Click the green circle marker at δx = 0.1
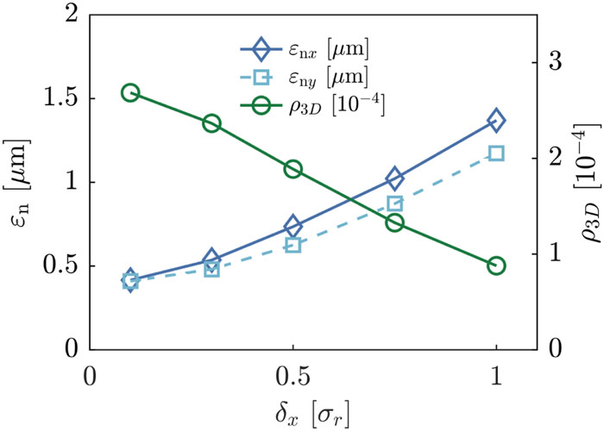coord(130,93)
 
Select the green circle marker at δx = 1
coord(496,265)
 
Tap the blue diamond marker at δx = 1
coord(496,120)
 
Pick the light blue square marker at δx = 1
coord(496,153)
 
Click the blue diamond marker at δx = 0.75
coord(394,178)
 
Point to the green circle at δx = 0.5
coord(293,169)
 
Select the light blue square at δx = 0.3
coord(211,269)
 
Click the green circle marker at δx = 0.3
coord(211,123)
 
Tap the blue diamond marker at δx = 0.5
coord(293,227)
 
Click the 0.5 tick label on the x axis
coord(293,378)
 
